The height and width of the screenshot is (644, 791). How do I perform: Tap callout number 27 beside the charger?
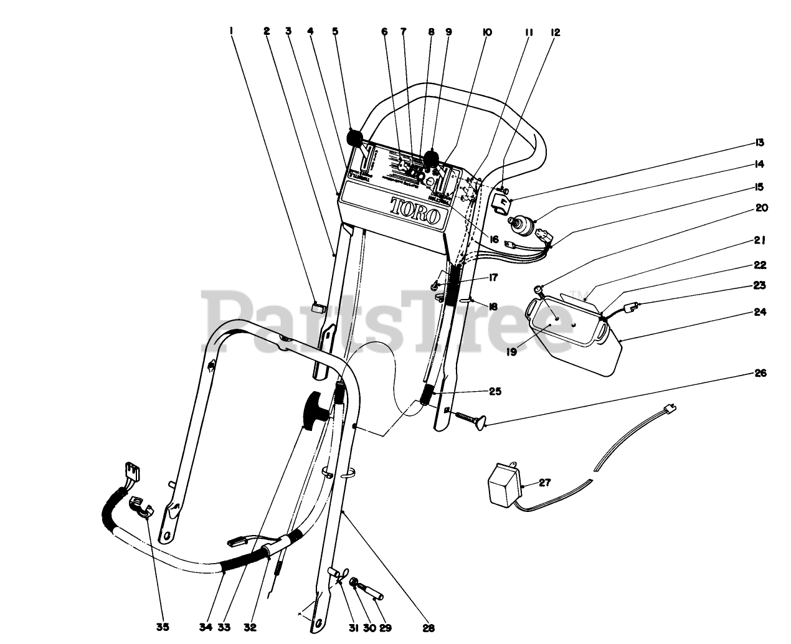(x=544, y=482)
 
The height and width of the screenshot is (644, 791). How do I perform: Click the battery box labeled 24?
(x=576, y=336)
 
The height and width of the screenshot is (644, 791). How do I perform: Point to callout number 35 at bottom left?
(x=163, y=627)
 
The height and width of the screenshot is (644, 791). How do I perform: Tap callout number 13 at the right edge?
(x=759, y=143)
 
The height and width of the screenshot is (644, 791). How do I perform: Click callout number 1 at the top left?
(x=231, y=31)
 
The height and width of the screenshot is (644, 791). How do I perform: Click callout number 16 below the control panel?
(x=494, y=239)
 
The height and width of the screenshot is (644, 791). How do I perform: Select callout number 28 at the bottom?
(x=428, y=628)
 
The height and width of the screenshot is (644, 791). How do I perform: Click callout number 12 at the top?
(x=556, y=32)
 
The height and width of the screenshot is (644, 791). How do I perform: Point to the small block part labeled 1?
(x=320, y=306)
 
